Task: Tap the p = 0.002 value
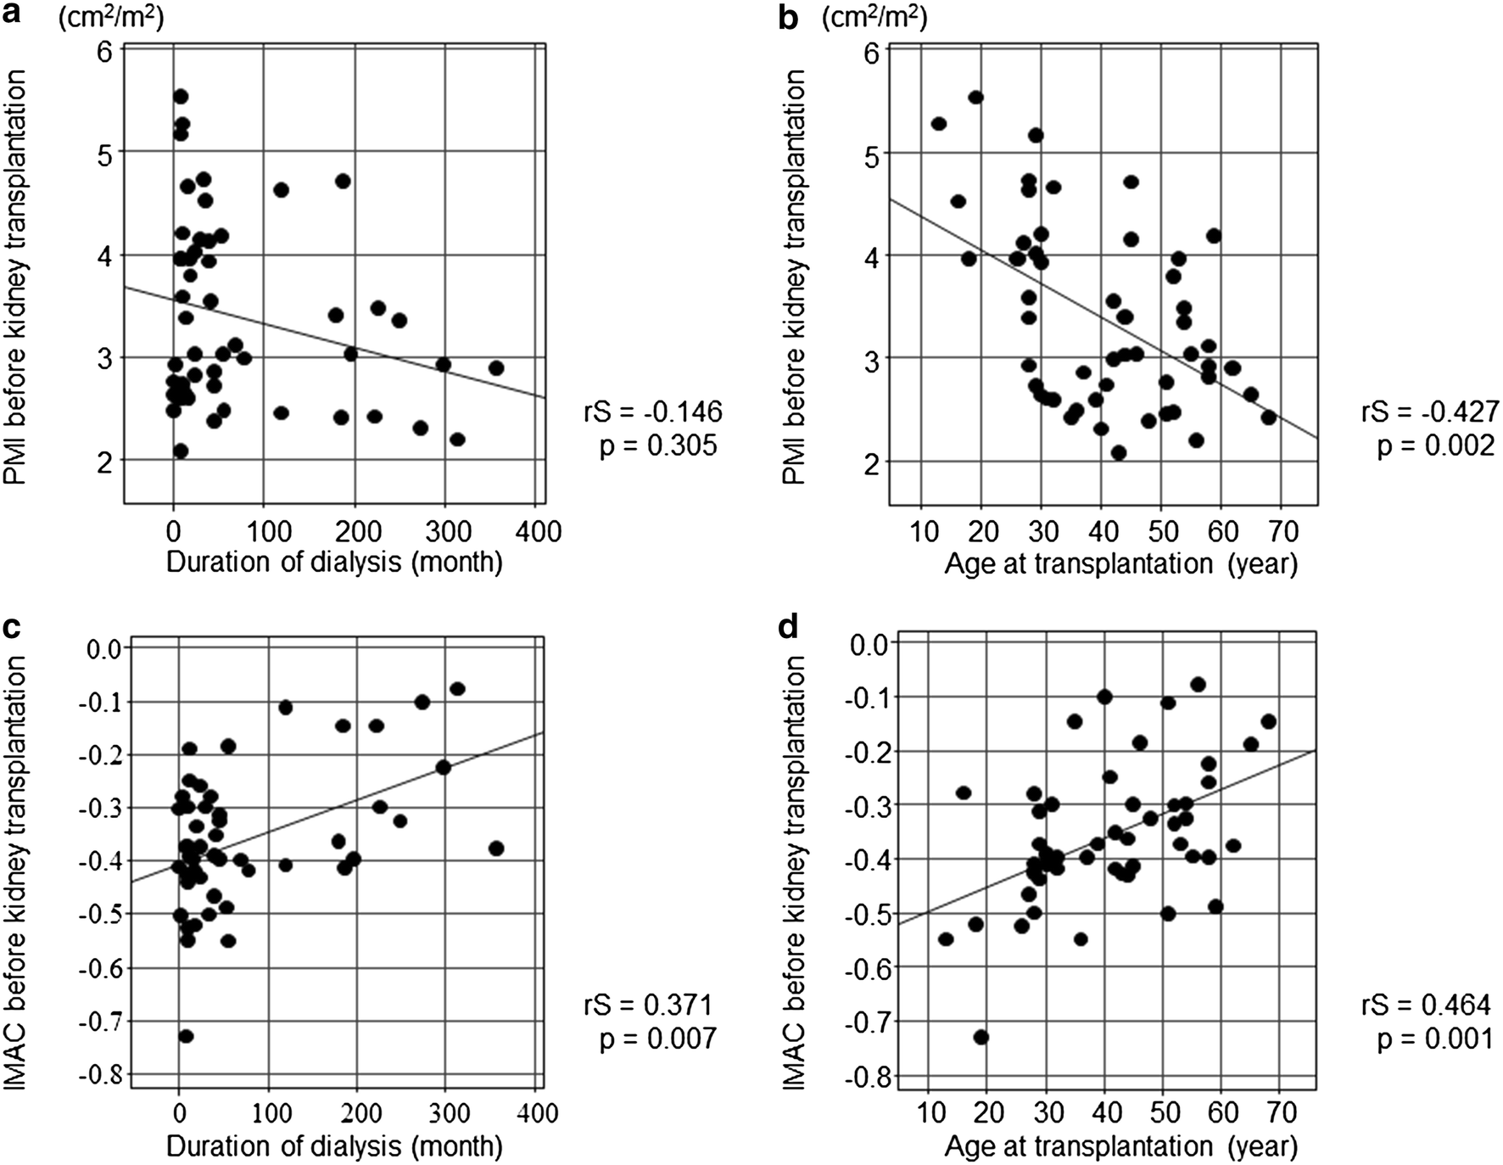click(x=1435, y=445)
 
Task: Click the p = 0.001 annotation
click(x=1435, y=1039)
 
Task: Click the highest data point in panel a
click(x=180, y=97)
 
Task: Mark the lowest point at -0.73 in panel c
click(x=186, y=1036)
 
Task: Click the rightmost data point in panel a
click(x=496, y=368)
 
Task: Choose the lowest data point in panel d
click(x=981, y=1037)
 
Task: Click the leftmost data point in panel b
click(x=938, y=124)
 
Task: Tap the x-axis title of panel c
click(x=334, y=1147)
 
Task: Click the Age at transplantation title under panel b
click(x=1120, y=563)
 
